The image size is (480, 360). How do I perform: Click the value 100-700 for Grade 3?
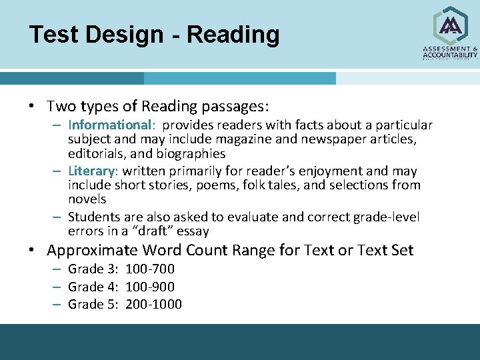coord(150,269)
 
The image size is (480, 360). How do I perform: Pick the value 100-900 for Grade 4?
coord(150,287)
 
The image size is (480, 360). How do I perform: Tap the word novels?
coord(87,199)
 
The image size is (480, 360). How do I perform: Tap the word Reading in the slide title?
coord(233,35)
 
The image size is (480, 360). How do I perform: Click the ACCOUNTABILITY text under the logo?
coord(450,55)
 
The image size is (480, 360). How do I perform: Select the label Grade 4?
coord(94,287)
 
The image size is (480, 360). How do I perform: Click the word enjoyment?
coord(342,171)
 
